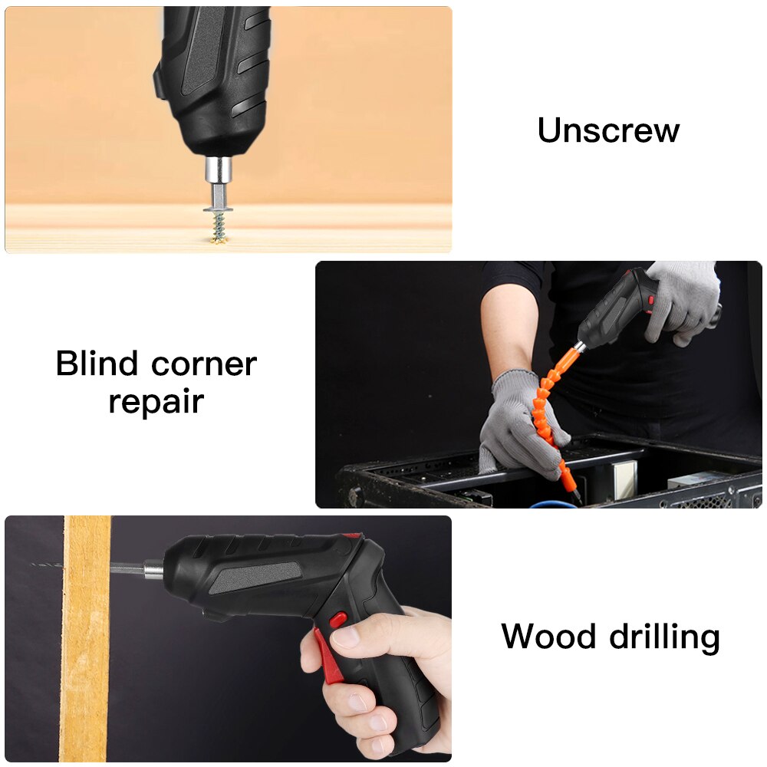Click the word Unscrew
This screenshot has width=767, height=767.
(608, 130)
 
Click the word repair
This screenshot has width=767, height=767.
(156, 402)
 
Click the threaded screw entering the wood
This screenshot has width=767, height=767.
(219, 228)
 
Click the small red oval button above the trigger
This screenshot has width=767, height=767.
(337, 618)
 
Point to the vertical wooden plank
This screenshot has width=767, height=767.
(86, 637)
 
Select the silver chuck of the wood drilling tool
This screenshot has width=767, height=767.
(152, 569)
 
